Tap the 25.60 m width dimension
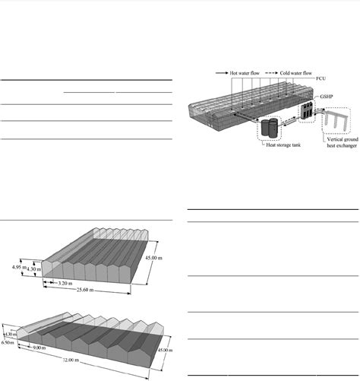click(x=84, y=290)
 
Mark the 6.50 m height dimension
click(x=10, y=343)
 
